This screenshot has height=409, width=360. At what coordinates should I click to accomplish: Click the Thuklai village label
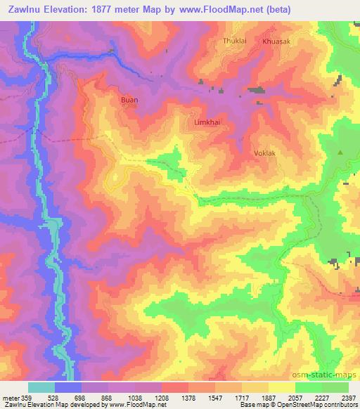[x=236, y=41]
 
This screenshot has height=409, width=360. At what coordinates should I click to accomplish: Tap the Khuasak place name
[x=276, y=41]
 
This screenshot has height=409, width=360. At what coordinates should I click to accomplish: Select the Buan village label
[x=129, y=100]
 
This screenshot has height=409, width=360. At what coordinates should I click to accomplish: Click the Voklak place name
[x=264, y=152]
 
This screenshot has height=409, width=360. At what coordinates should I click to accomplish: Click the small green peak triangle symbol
[x=340, y=152]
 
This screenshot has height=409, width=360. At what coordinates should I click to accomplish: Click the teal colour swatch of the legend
[x=41, y=387]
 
